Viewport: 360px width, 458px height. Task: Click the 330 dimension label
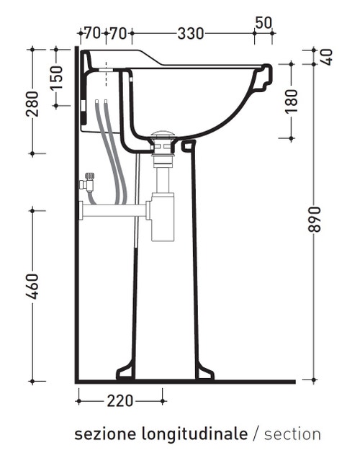coord(190,33)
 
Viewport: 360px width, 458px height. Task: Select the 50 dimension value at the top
coord(264,22)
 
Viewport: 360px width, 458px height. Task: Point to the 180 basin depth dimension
coord(291,102)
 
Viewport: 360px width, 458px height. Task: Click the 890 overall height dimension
coord(314,219)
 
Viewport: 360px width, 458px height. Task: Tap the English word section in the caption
coord(292,434)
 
